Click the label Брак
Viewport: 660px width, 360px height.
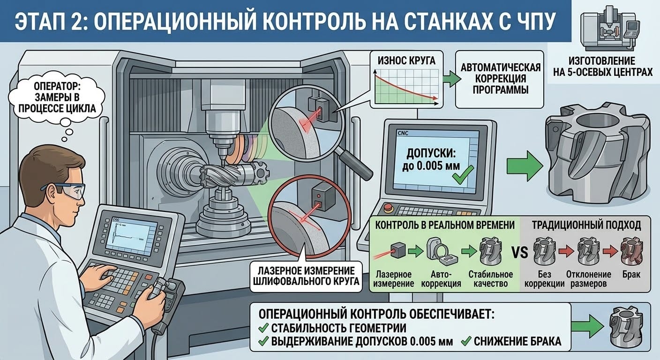(x=630, y=275)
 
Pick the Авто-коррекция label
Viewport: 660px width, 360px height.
(x=442, y=279)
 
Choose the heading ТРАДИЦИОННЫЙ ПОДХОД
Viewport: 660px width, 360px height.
(x=586, y=225)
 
